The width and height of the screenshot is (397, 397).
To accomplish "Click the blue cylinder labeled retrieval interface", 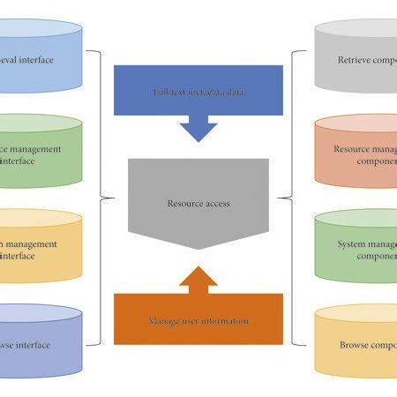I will (x=40, y=59).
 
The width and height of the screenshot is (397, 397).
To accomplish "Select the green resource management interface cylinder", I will (x=40, y=154).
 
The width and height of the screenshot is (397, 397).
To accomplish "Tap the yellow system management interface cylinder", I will (x=40, y=248).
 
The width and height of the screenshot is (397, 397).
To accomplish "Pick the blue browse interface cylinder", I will (x=40, y=344).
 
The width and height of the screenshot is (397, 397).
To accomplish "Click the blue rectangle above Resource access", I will (x=198, y=92).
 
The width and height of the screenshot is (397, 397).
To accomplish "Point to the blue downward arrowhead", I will (x=198, y=131).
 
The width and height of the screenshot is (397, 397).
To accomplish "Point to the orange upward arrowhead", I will (x=198, y=279).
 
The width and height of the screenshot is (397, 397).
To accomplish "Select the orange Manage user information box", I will (x=198, y=320).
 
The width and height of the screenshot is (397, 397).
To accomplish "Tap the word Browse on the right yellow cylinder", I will (x=354, y=345).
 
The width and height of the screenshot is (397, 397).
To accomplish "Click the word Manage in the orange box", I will (x=165, y=321).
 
